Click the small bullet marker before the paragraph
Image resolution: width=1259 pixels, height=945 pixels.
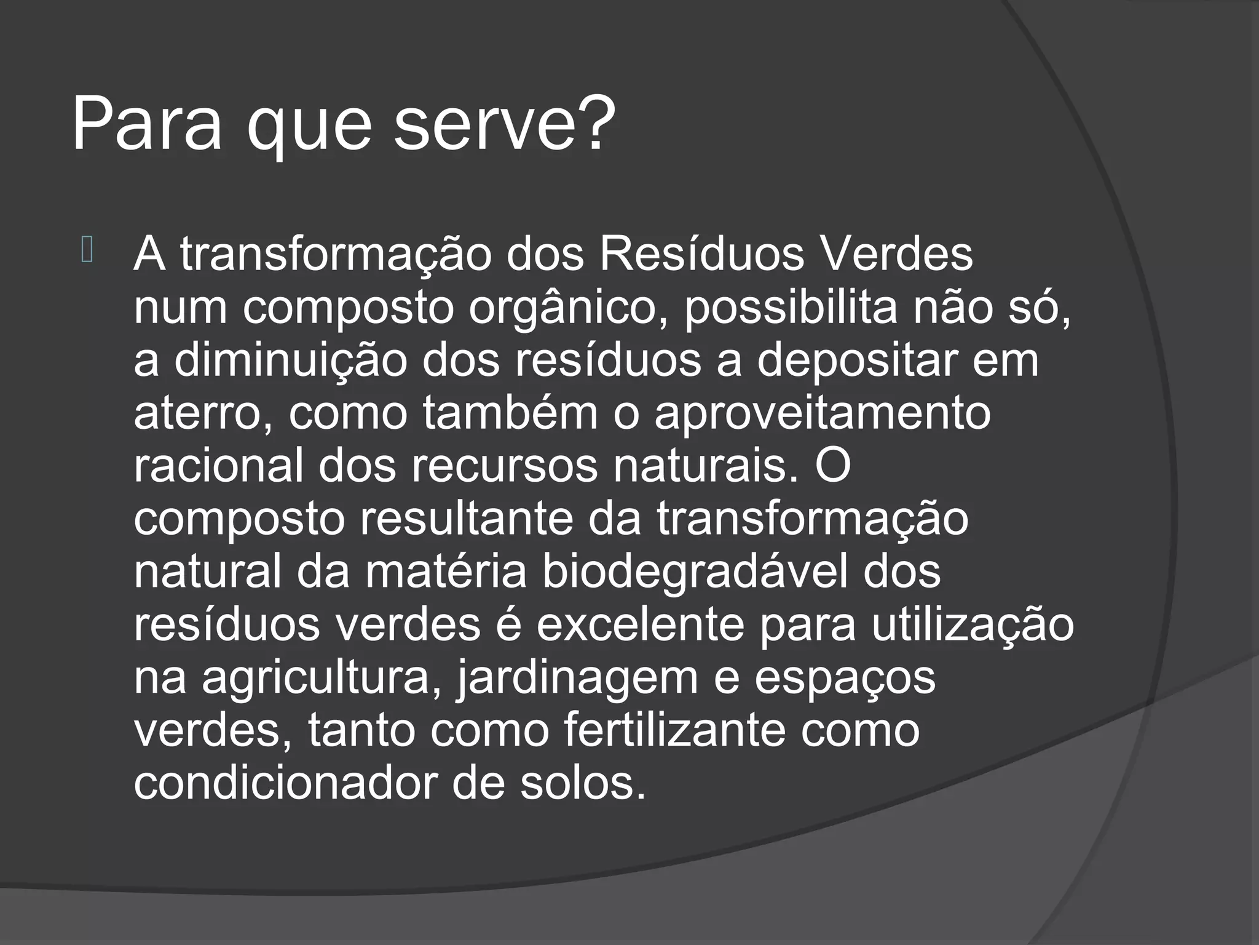coord(87,251)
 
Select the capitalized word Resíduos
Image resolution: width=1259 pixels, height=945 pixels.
coord(701,254)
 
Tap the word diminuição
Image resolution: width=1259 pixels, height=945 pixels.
coord(291,361)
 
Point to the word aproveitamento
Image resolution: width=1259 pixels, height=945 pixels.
coord(823,413)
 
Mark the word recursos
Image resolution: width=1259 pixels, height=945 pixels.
coord(504,466)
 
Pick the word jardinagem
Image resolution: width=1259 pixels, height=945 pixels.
coord(577,678)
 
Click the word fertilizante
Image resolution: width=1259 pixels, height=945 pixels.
coord(674,731)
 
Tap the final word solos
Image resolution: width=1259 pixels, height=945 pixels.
coord(583,784)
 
